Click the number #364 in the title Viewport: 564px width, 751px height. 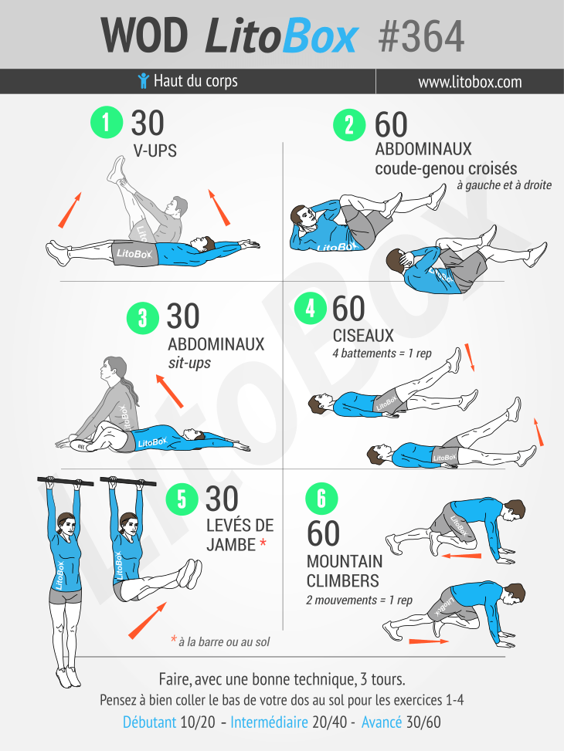[421, 36]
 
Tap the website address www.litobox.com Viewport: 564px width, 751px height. [470, 82]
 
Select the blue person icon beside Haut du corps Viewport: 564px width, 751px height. [143, 81]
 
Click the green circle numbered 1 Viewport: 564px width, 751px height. [107, 122]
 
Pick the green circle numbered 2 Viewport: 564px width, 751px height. [350, 125]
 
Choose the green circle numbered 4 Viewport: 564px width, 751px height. [311, 308]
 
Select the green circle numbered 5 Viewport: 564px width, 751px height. [182, 499]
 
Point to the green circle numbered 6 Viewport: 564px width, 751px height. [322, 499]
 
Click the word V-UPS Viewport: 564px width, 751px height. [155, 151]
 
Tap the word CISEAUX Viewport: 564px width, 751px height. [363, 336]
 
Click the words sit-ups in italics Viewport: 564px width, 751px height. [189, 363]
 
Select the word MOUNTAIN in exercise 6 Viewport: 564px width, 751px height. [345, 561]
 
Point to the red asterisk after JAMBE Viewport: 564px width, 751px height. [263, 543]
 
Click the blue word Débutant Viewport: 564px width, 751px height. [150, 722]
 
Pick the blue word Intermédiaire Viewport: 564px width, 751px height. [269, 722]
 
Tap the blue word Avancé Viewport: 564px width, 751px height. [382, 722]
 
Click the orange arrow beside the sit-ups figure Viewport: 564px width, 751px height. [170, 391]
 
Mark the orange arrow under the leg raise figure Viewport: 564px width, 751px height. [148, 621]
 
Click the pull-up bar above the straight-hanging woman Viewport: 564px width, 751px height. [65, 482]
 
